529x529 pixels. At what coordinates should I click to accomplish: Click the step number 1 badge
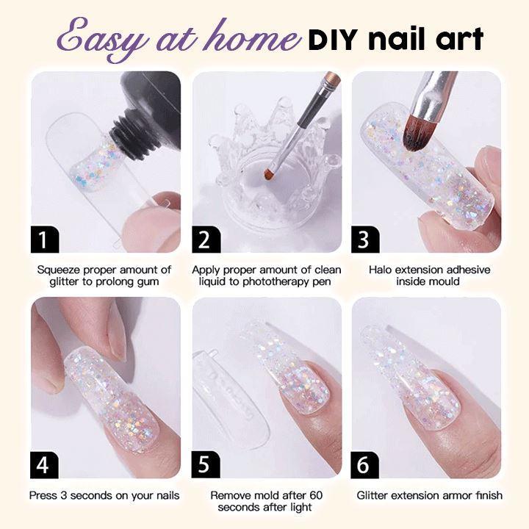45,240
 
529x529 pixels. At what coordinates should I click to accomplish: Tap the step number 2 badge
206,240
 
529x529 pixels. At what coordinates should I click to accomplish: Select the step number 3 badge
365,240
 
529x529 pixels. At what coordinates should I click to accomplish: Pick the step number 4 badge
44,465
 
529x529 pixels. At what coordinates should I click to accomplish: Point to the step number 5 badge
206,465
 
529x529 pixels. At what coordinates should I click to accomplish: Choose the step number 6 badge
364,465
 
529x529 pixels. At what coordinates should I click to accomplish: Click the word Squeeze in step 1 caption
59,270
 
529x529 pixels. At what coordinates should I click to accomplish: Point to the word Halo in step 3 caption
381,270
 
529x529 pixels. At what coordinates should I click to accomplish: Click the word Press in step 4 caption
43,495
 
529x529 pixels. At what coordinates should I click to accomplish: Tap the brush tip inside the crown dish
268,173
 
